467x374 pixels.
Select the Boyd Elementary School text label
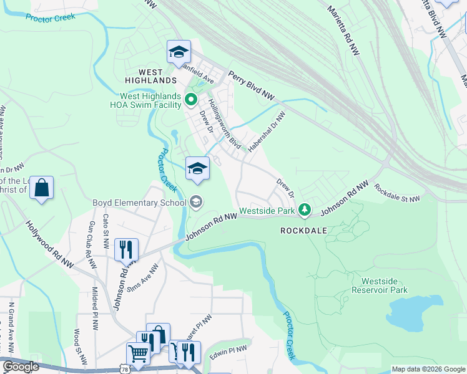(139, 202)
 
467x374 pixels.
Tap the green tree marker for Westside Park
(304, 210)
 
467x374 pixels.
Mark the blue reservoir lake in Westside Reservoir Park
(408, 315)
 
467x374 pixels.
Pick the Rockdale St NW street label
(396, 193)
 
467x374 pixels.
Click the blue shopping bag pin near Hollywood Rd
(41, 188)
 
